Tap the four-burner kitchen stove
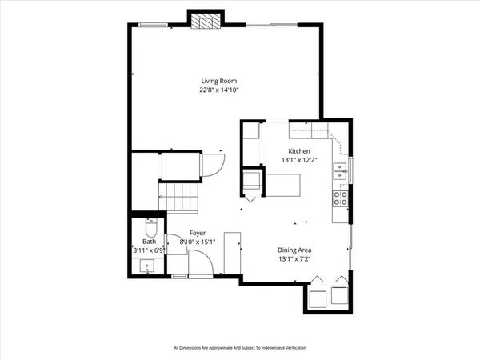coord(341,198)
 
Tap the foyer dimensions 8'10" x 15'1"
coord(186,242)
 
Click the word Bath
coord(149,242)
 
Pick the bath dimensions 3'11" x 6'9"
coord(150,250)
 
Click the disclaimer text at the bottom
coord(239,348)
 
